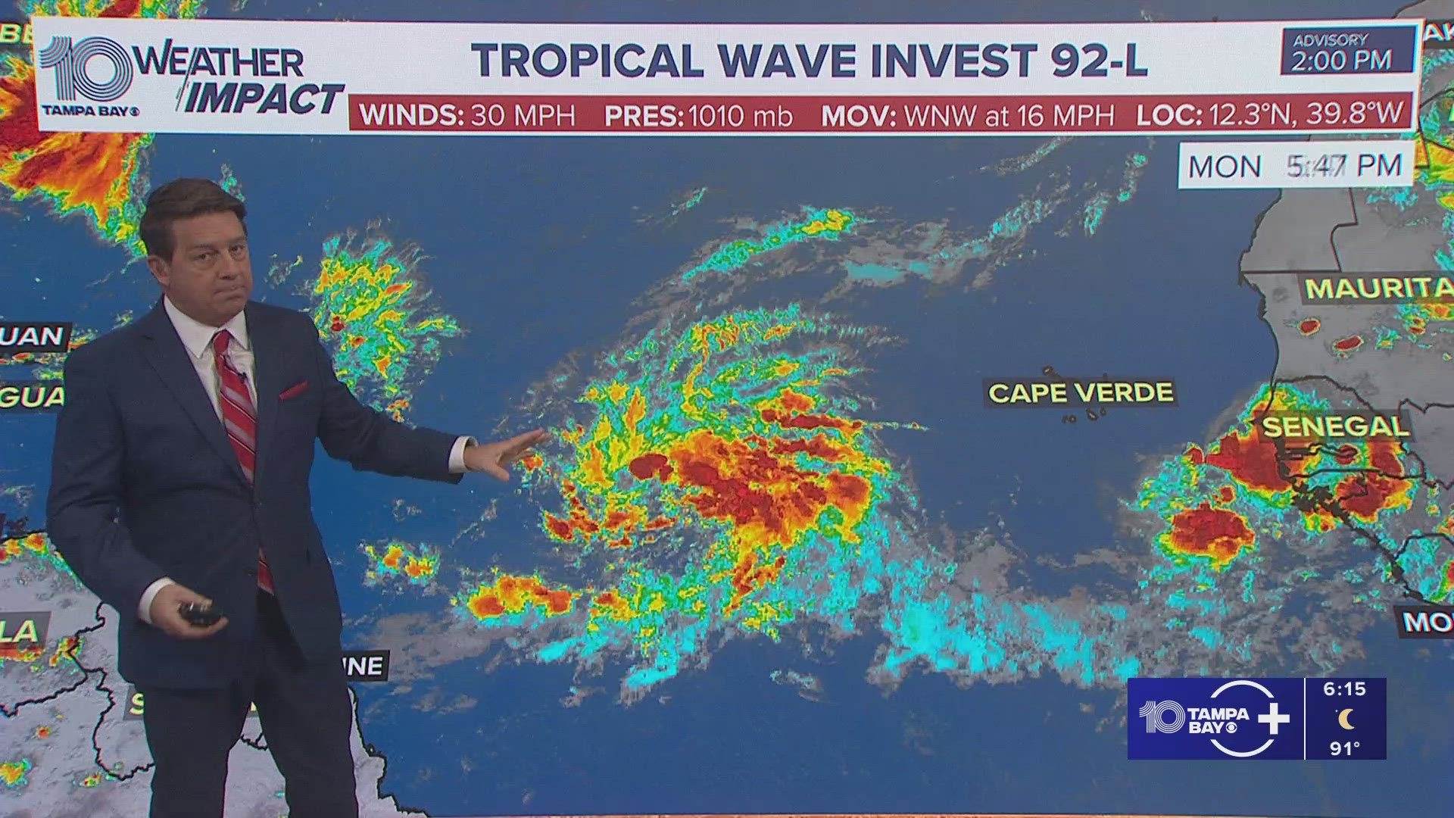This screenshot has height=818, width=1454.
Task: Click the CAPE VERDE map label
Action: point(1081,392)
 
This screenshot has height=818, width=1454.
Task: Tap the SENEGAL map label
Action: point(1335,427)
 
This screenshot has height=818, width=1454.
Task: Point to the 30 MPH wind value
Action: point(523,116)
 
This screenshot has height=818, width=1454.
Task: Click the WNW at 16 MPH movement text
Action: point(1009,116)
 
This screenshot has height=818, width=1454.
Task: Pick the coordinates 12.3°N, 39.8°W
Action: point(1306,114)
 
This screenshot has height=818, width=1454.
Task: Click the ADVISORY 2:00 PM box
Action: point(1346,51)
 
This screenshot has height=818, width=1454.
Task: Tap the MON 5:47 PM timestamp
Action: point(1295,165)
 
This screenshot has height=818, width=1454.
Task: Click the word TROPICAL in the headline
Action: point(588,61)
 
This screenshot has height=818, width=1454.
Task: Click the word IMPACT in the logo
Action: point(264,99)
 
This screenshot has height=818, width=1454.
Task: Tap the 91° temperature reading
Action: point(1344,748)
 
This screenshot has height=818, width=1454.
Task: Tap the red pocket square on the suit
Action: point(294,391)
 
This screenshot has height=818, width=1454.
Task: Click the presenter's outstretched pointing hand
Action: point(507,453)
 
